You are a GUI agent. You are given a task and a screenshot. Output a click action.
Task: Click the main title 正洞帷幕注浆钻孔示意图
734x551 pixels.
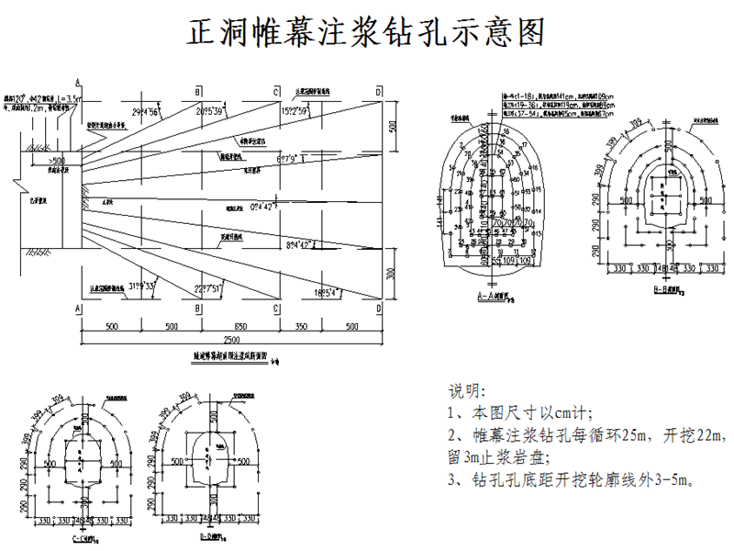[x=366, y=32]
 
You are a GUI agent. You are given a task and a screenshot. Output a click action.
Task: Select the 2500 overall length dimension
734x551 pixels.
[x=230, y=341]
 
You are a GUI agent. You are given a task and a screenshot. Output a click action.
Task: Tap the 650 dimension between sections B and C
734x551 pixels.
[x=238, y=326]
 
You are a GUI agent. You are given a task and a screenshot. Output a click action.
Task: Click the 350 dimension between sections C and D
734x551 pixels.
[x=302, y=326]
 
